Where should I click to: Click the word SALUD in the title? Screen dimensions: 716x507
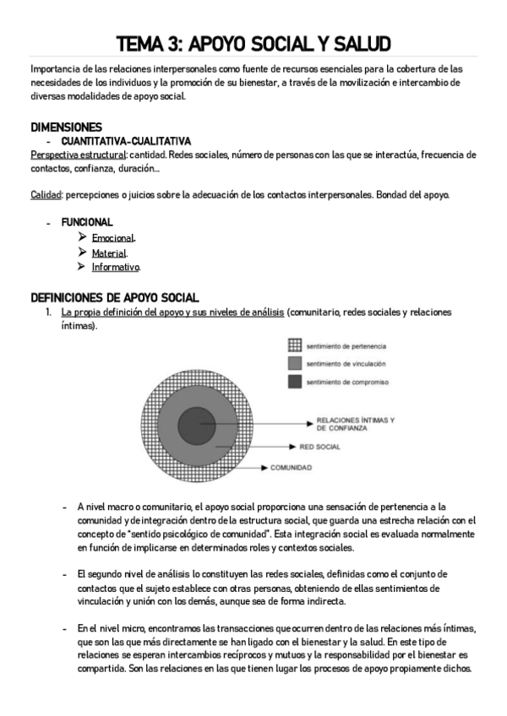[x=356, y=43]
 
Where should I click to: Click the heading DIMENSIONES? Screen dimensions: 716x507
[x=66, y=127]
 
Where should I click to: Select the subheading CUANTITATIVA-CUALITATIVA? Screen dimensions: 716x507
[x=126, y=141]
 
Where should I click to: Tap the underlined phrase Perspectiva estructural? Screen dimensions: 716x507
[x=78, y=155]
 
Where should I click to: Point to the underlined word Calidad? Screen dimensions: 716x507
[x=46, y=195]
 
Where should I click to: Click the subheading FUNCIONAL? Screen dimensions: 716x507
[x=87, y=223]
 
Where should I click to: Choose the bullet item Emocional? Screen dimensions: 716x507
[x=113, y=238]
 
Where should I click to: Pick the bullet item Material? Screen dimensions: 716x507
[x=109, y=252]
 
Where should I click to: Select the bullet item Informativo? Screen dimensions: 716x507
[x=116, y=267]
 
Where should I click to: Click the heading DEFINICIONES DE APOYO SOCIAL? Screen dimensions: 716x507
[x=115, y=297]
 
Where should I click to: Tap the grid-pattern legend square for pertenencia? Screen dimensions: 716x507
[x=295, y=344]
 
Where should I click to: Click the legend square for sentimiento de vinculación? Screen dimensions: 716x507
[x=295, y=363]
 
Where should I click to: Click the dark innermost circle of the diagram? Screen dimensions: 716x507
[x=197, y=423]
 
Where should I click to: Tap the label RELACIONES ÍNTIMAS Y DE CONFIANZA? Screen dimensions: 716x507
[x=355, y=424]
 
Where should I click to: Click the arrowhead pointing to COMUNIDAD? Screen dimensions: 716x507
[x=265, y=467]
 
